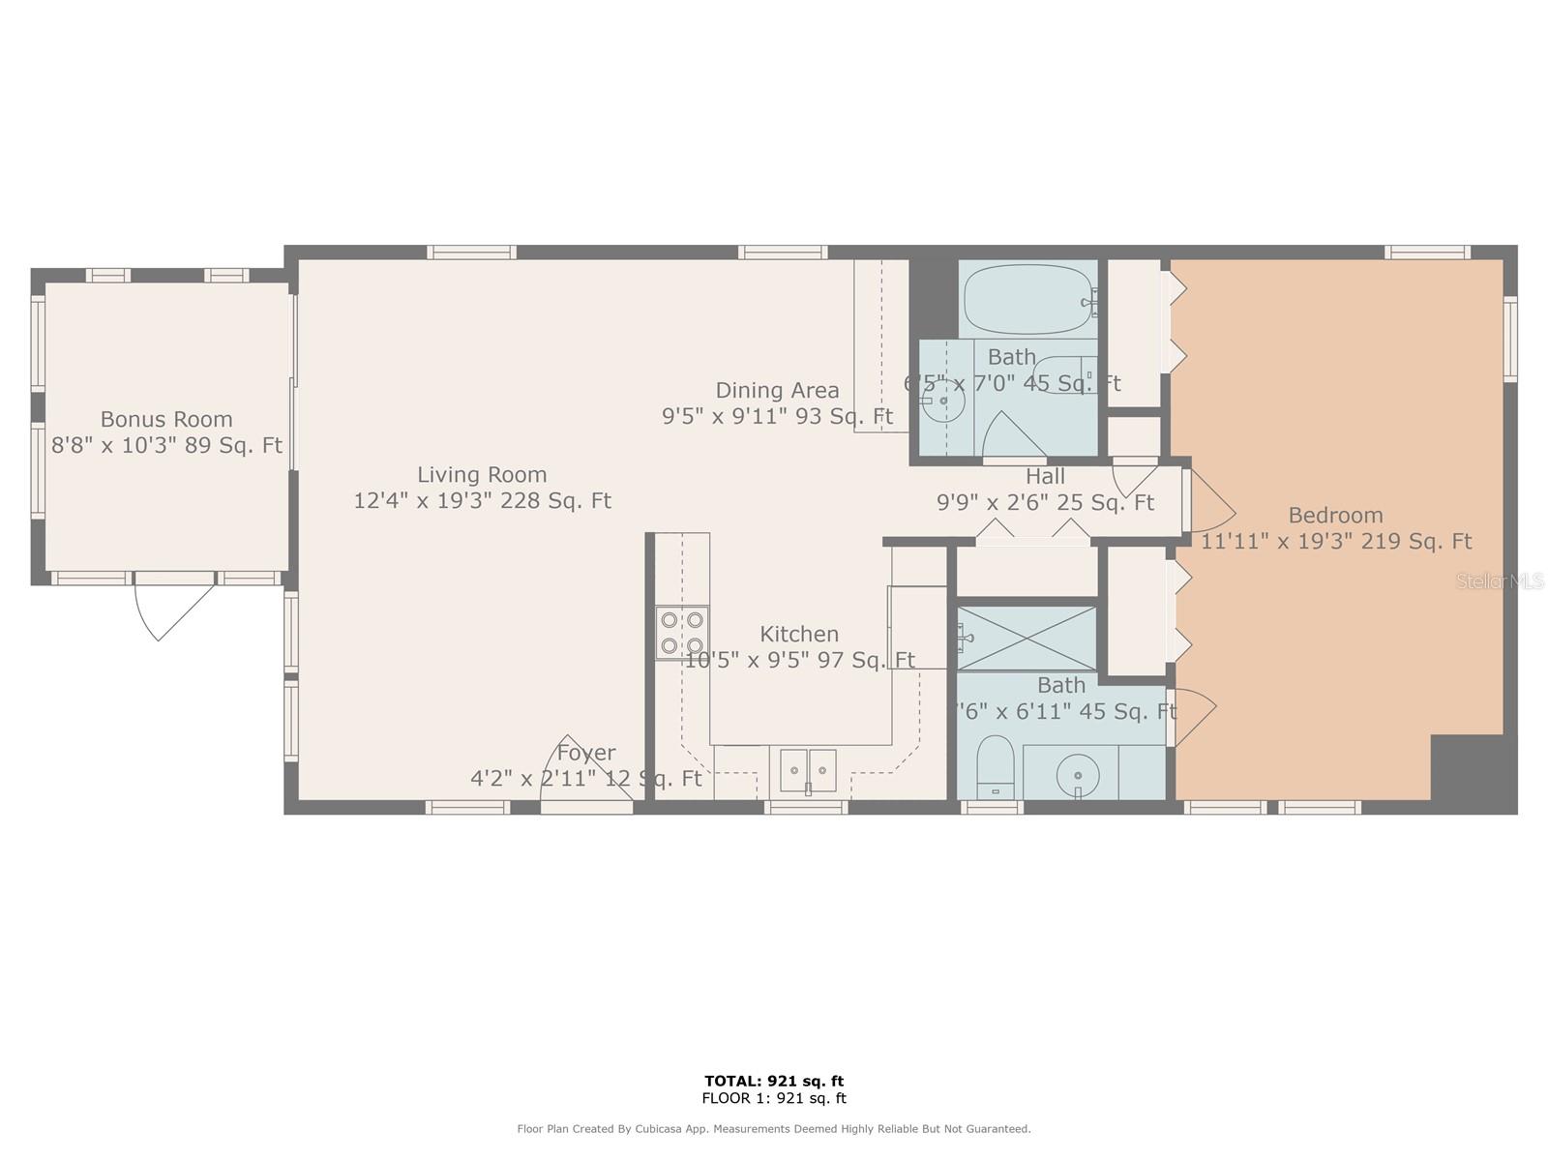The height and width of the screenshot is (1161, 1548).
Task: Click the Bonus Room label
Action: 166,419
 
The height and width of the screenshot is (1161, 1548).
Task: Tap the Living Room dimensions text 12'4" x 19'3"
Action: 482,500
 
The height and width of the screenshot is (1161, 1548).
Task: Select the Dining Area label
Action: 777,390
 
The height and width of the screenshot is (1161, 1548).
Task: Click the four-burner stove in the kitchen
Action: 682,633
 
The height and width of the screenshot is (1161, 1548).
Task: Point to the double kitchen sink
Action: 808,770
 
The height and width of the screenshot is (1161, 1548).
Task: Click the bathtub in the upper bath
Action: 1028,300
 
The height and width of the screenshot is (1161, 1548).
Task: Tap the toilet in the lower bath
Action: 995,764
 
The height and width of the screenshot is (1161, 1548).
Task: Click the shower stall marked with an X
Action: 1027,638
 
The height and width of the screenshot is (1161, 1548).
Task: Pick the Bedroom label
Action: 1335,515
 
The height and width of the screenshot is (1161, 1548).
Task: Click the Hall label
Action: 1045,476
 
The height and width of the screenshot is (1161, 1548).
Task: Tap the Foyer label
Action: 586,753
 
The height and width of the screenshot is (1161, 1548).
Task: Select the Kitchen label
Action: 799,634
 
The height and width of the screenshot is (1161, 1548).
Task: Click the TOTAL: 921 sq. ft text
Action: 774,1081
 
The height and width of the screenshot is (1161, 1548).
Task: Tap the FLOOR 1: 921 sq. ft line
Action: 774,1098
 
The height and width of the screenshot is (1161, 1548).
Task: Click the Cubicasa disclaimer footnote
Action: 774,1129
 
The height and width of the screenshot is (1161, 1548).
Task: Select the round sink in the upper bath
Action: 942,401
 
